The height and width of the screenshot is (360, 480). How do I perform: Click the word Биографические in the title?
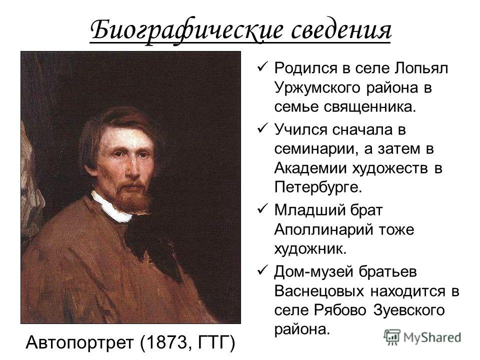[186, 31]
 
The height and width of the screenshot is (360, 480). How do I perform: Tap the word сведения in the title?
[341, 30]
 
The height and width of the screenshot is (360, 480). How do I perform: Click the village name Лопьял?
[421, 68]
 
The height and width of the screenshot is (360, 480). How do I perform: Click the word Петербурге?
[318, 186]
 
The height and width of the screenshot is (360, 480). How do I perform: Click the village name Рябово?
[340, 310]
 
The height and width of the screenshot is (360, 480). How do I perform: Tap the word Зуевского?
[408, 311]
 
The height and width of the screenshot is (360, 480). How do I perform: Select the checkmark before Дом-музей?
[262, 270]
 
